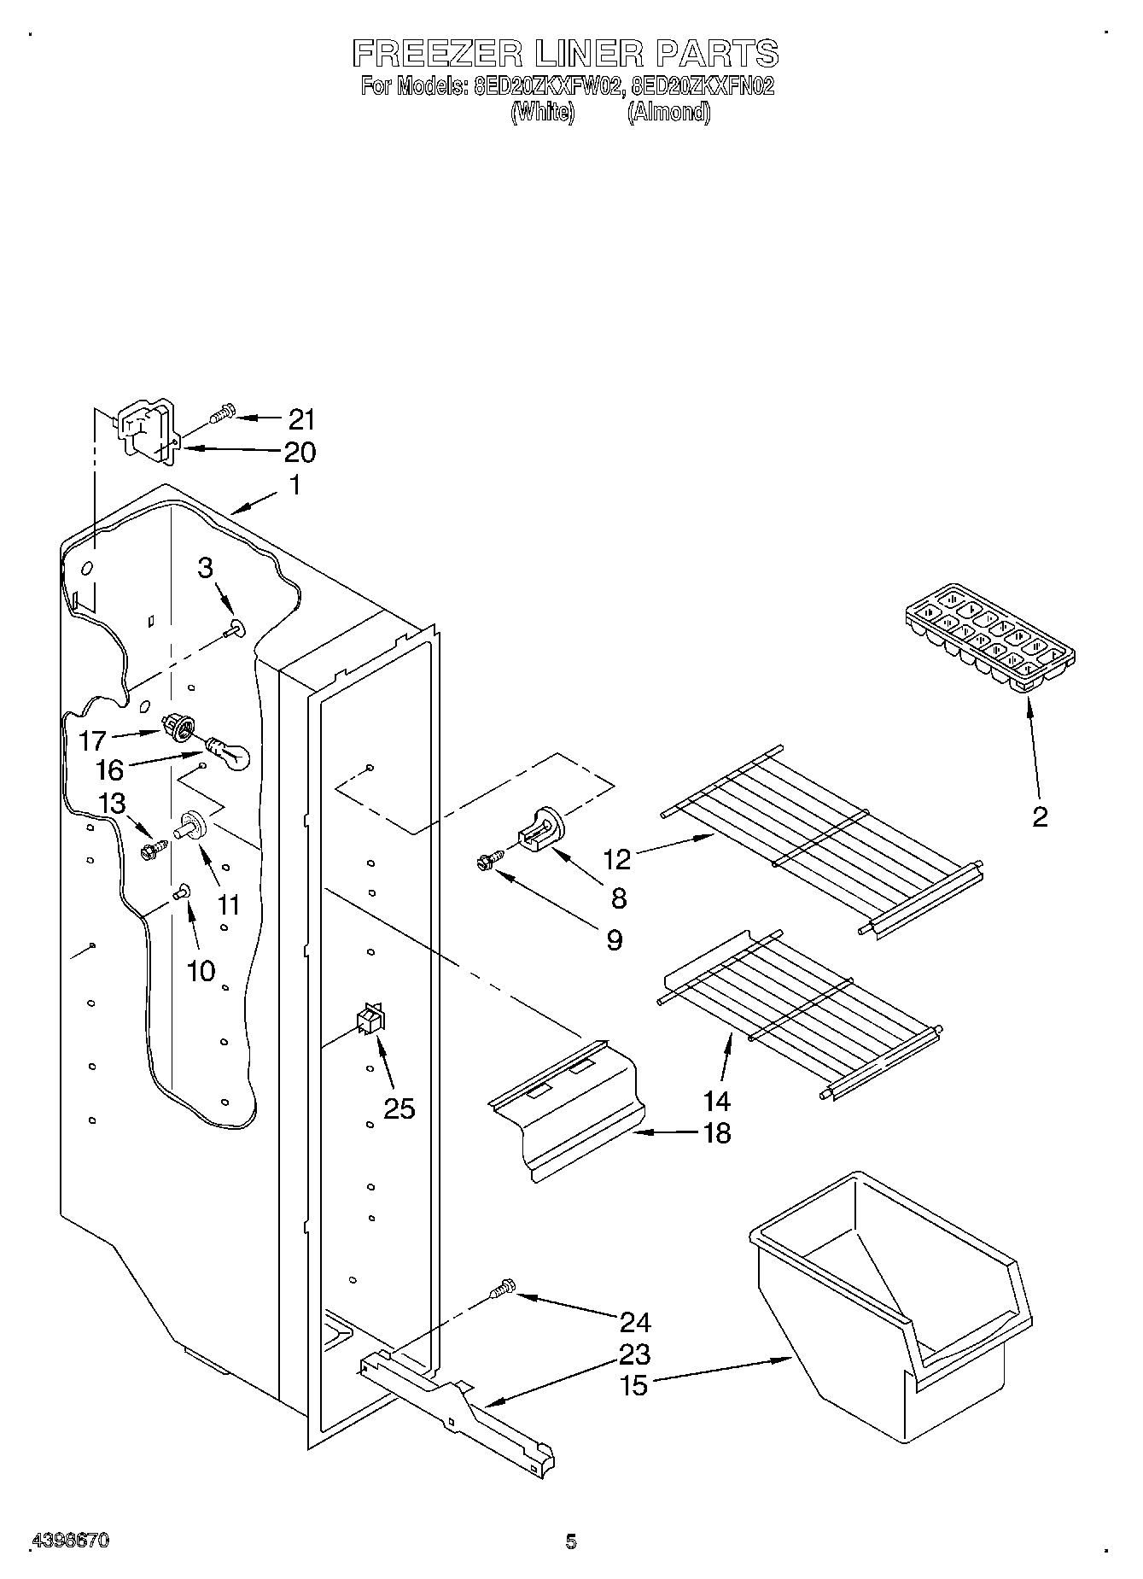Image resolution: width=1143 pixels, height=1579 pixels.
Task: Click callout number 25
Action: click(x=399, y=1108)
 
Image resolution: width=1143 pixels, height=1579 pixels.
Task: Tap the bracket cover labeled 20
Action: click(x=145, y=433)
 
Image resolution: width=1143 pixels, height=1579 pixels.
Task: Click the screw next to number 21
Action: click(x=220, y=415)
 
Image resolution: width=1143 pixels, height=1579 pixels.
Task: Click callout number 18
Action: click(x=718, y=1133)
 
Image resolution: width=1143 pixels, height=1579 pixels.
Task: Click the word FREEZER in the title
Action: click(x=437, y=55)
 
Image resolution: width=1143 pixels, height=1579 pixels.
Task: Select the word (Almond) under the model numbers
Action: click(x=668, y=113)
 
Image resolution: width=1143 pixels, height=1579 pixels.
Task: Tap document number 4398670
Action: click(x=70, y=1541)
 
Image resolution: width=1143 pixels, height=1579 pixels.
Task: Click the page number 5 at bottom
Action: click(x=571, y=1541)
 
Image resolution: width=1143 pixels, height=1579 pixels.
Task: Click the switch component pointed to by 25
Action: click(x=370, y=1019)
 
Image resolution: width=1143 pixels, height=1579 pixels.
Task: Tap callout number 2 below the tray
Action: click(x=1039, y=817)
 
